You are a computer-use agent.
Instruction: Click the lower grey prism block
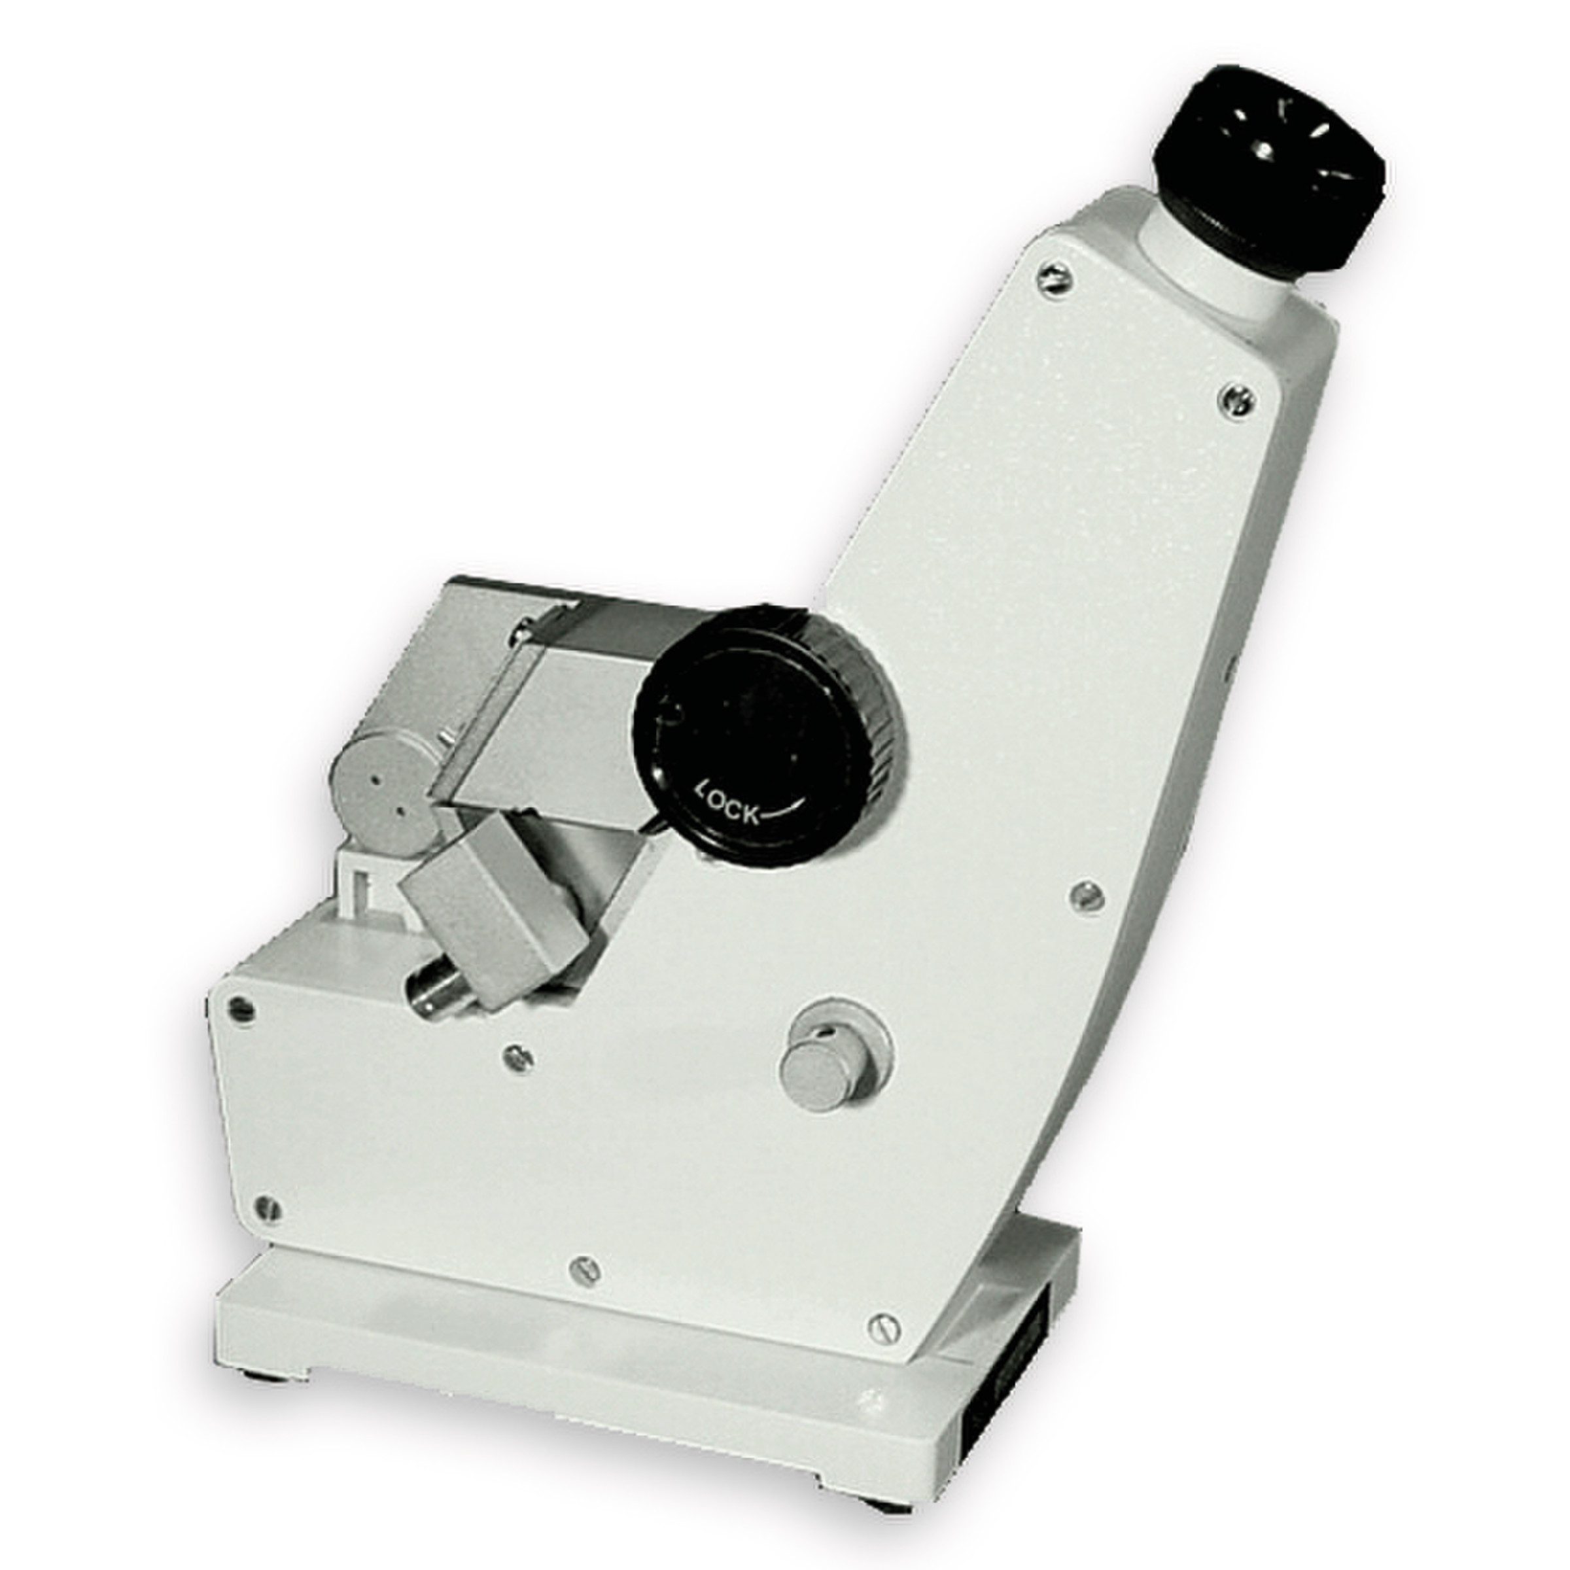[493, 912]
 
